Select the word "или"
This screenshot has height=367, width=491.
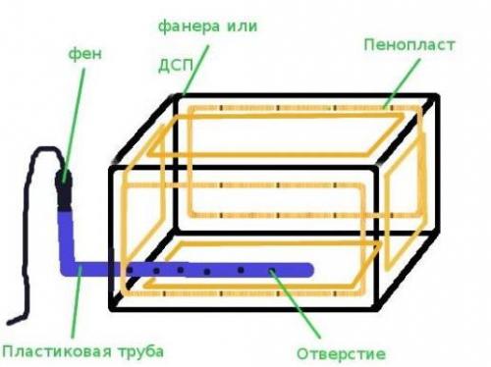(240, 26)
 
